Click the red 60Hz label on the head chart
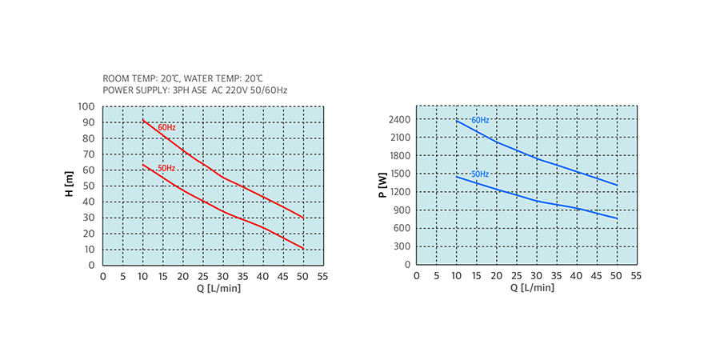166,128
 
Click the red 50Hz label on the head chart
166,168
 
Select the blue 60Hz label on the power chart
480,120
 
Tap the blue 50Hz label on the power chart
480,174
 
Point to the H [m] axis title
69,186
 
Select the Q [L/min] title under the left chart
213,288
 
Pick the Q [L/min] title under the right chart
526,288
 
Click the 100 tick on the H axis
86,106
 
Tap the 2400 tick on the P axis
400,120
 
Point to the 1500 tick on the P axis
400,174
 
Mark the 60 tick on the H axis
90,170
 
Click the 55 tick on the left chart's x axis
322,276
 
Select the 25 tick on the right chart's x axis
516,276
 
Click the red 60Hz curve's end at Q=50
303,218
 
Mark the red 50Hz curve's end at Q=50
303,249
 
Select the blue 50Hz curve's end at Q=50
617,218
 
